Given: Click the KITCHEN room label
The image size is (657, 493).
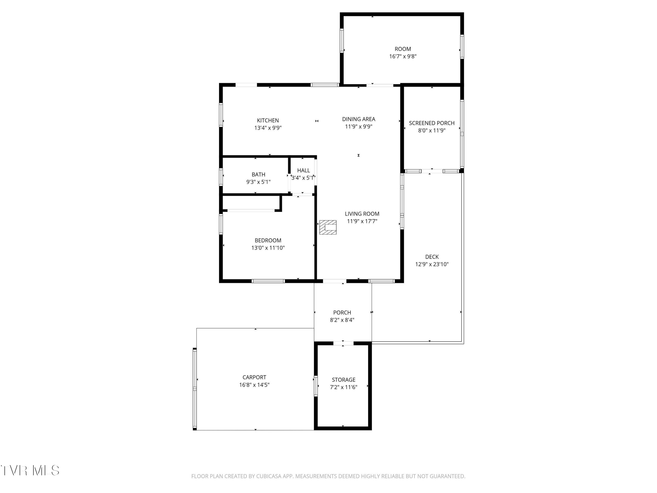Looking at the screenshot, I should tap(268, 120).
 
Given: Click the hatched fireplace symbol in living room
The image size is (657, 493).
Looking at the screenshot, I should tap(328, 227).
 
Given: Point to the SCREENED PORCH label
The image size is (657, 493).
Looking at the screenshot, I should tap(432, 123).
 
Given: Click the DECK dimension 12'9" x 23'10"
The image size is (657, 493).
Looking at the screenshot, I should tap(432, 264).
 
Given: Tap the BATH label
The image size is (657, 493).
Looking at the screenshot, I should tap(258, 174).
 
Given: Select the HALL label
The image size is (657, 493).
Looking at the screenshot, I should tap(303, 170).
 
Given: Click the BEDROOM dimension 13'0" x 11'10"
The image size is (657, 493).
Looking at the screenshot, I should tap(268, 248).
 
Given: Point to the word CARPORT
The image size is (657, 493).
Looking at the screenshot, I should tap(254, 377).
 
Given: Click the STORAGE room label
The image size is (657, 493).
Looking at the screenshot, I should tap(343, 380).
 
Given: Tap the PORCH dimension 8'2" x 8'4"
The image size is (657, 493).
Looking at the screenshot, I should tap(342, 320).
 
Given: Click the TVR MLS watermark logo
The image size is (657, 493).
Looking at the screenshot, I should tap(30, 470).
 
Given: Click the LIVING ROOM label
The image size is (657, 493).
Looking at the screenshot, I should tap(362, 214).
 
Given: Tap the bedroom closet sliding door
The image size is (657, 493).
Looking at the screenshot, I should tap(251, 210).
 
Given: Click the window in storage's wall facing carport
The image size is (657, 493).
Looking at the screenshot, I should tap(316, 386).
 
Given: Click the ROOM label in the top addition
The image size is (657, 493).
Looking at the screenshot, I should tap(403, 49).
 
